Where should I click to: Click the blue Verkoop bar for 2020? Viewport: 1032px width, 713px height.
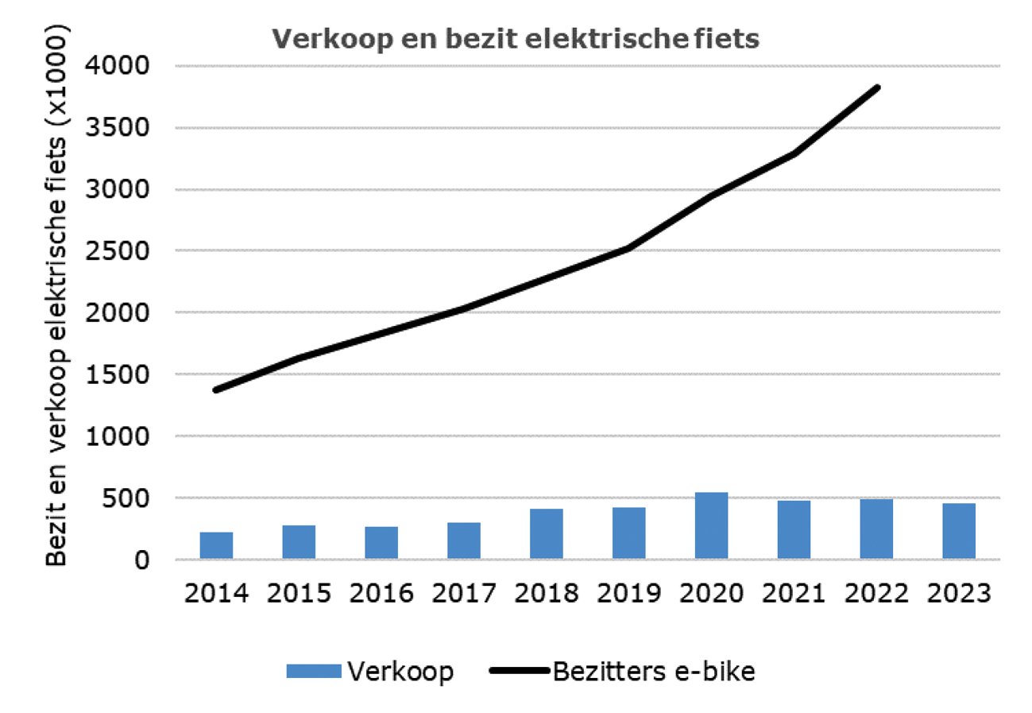point(711,525)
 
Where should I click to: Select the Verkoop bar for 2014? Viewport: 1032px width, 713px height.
point(216,545)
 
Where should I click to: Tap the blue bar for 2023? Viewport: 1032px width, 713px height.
point(959,531)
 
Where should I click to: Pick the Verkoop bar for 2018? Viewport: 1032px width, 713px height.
point(547,533)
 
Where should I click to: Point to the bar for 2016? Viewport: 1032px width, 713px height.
point(381,543)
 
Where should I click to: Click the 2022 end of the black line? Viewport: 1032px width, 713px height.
point(878,87)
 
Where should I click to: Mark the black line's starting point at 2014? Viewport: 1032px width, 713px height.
point(216,389)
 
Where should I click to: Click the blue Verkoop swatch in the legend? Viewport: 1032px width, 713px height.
point(315,671)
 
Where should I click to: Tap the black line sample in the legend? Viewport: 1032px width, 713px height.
point(520,671)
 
